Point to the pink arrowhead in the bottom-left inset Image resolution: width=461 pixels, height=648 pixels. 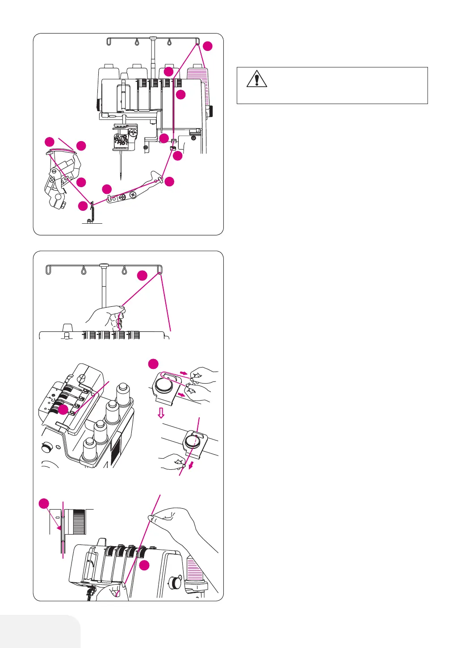(59, 527)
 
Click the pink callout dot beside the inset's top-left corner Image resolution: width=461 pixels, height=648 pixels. (44, 504)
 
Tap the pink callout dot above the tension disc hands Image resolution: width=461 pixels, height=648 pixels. (153, 364)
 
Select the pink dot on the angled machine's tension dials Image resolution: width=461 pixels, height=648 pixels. (63, 410)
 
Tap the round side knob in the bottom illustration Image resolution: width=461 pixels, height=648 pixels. (175, 583)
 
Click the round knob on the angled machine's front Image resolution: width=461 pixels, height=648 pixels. (46, 447)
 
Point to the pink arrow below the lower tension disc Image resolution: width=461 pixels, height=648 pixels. (191, 466)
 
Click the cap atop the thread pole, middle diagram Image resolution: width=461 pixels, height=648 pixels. (104, 265)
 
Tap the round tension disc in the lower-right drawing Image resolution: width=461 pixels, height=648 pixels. (193, 442)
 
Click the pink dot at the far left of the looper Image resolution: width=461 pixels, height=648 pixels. (49, 142)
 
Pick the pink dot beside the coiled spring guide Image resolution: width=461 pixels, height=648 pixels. (83, 206)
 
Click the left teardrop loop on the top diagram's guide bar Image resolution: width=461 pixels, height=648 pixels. (136, 42)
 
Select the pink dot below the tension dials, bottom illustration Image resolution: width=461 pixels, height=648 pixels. (144, 565)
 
